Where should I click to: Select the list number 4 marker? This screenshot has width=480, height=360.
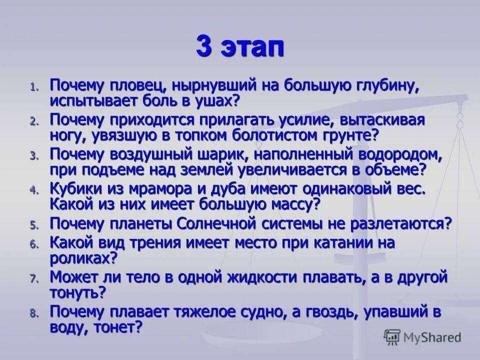(33, 190)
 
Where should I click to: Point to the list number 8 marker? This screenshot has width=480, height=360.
(33, 314)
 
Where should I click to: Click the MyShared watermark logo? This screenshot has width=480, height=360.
(422, 336)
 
